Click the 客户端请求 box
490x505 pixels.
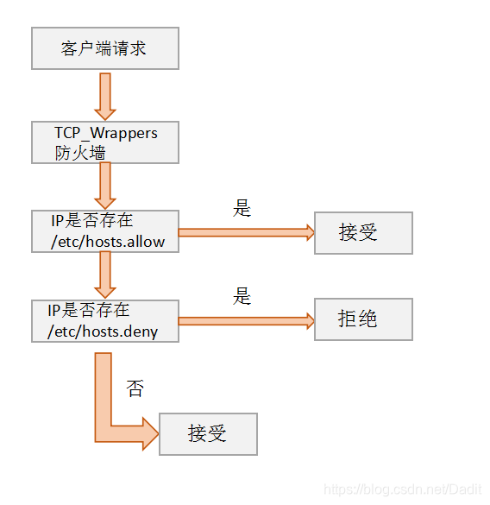point(104,48)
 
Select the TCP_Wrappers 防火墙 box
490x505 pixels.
point(104,142)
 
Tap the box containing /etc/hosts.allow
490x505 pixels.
point(104,231)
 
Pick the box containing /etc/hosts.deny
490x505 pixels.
point(104,321)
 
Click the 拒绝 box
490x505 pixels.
point(363,319)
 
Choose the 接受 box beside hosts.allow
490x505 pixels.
point(363,232)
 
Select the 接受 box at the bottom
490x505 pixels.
point(208,433)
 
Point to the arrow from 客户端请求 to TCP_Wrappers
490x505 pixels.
point(105,96)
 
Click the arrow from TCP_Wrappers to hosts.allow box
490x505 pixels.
point(105,186)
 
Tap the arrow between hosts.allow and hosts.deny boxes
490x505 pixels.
point(105,275)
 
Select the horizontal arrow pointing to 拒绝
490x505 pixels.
point(246,321)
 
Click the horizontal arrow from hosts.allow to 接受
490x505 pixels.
point(246,232)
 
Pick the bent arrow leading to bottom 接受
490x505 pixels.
point(112,406)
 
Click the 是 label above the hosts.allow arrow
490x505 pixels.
point(242,208)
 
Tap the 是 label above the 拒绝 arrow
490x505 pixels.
point(242,297)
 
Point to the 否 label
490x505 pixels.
point(135,388)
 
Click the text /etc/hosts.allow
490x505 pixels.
point(108,242)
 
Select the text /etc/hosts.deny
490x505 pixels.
point(105,331)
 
